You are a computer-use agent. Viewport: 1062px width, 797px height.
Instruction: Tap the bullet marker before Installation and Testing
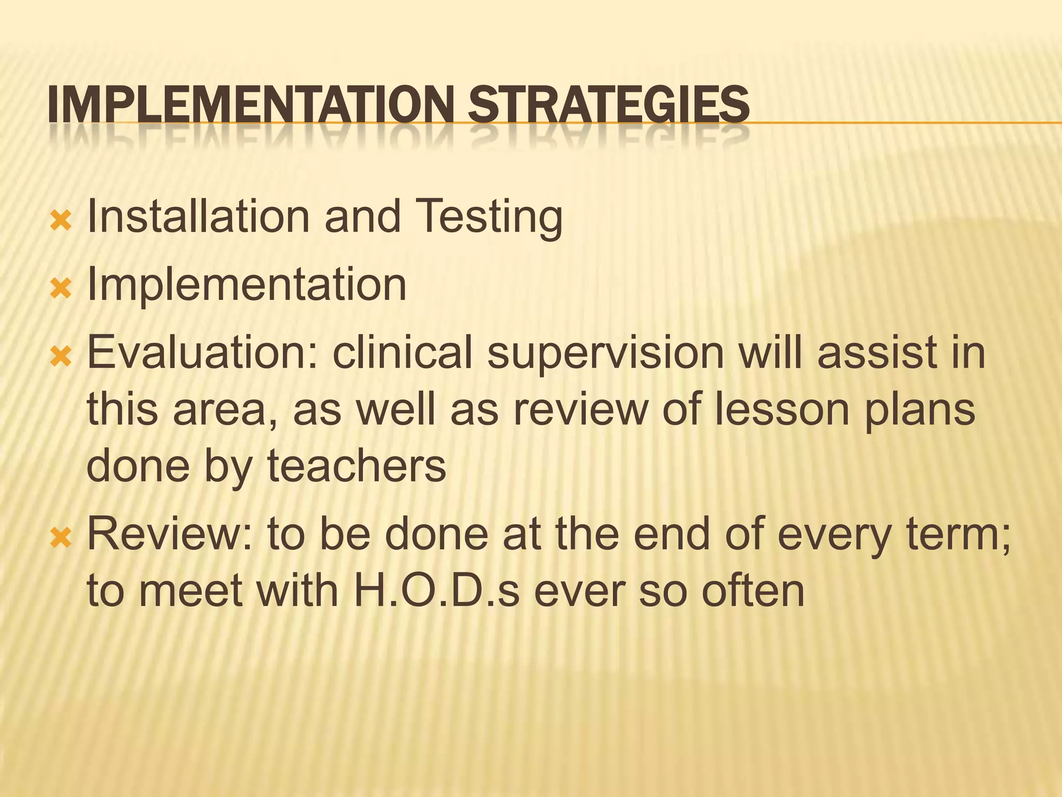(x=60, y=222)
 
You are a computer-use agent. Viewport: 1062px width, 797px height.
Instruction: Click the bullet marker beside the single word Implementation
(x=60, y=289)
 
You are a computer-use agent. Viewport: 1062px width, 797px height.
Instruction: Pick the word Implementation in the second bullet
(x=247, y=285)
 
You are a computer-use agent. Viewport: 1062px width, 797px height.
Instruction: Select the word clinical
(x=402, y=353)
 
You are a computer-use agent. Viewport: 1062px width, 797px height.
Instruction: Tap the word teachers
(x=356, y=466)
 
